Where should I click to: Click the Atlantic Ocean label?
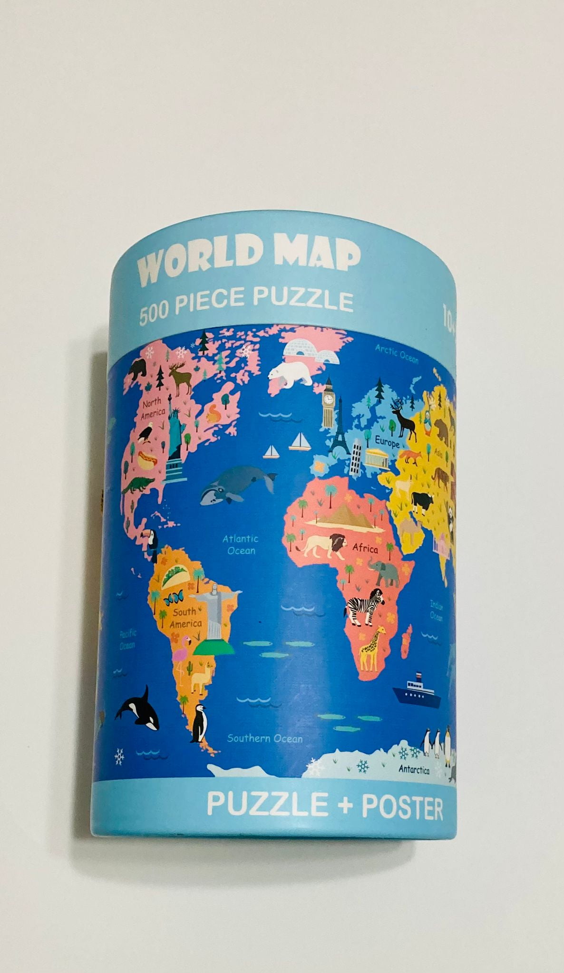tap(241, 544)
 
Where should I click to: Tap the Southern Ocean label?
tap(264, 738)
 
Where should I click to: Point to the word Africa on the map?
tap(365, 549)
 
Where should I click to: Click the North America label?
tap(152, 409)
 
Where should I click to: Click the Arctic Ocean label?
tap(397, 353)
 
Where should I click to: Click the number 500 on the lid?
tap(153, 315)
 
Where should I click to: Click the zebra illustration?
tap(365, 606)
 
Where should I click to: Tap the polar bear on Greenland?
tap(291, 373)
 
